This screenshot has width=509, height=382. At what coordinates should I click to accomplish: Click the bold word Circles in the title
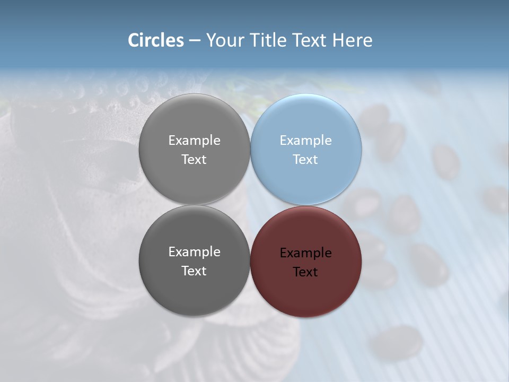[x=155, y=40]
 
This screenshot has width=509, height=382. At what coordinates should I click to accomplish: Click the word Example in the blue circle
[x=305, y=141]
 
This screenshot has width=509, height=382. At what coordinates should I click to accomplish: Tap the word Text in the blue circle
[x=305, y=160]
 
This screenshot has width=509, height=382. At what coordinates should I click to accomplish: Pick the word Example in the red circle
[x=305, y=253]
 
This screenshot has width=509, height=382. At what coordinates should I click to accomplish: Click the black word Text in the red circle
[x=305, y=272]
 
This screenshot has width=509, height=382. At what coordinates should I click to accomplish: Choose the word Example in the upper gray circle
[x=194, y=141]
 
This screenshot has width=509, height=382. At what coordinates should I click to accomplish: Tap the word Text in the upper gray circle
[x=194, y=160]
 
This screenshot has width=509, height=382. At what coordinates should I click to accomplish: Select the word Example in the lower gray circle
[x=194, y=252]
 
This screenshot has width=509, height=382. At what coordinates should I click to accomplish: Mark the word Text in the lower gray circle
[x=194, y=271]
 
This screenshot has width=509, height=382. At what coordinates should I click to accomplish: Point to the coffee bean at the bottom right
[x=396, y=343]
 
